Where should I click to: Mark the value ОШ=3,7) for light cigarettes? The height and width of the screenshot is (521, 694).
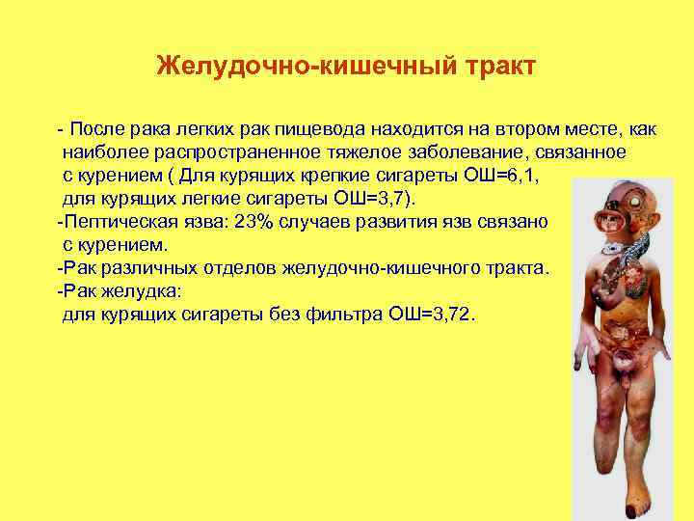[379, 199]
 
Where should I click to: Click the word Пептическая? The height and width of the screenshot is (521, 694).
[113, 221]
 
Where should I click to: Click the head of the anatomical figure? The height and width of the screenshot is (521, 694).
[624, 208]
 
